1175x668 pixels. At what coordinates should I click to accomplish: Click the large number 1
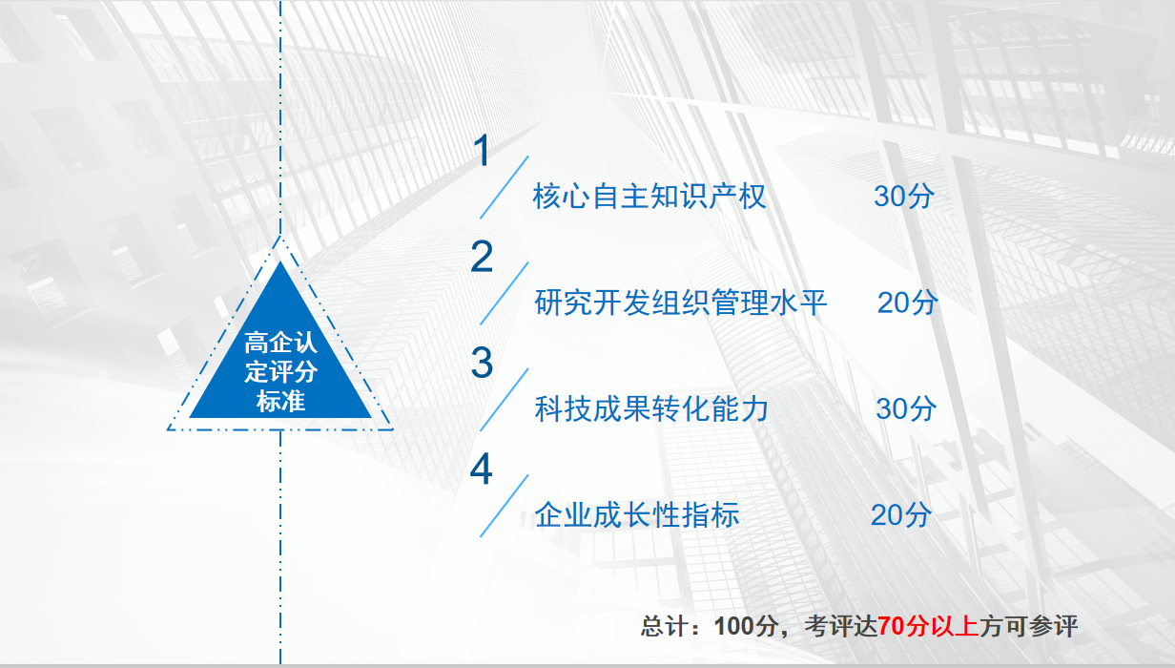482,151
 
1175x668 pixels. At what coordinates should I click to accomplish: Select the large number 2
482,257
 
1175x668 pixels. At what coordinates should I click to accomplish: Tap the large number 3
482,363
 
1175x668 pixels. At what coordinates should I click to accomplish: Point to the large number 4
482,469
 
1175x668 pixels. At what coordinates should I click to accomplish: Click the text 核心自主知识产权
649,197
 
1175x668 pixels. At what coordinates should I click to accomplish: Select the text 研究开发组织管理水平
681,303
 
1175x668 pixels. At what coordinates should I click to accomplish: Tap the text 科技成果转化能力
651,408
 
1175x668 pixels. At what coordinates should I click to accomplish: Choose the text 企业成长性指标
637,514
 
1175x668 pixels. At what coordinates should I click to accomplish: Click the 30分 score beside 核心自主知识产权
904,197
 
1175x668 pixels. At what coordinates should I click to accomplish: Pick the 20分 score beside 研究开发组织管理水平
908,303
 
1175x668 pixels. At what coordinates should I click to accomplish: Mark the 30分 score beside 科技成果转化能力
906,408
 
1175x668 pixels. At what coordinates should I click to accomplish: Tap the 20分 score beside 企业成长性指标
901,514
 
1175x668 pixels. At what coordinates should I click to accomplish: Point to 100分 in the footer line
746,626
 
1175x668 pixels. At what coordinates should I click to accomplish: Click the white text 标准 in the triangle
280,402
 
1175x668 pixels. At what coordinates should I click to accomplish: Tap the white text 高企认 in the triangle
280,343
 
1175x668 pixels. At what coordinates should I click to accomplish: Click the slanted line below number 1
505,187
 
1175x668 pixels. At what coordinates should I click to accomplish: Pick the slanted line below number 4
505,506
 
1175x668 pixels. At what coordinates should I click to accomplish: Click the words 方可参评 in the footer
1028,626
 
